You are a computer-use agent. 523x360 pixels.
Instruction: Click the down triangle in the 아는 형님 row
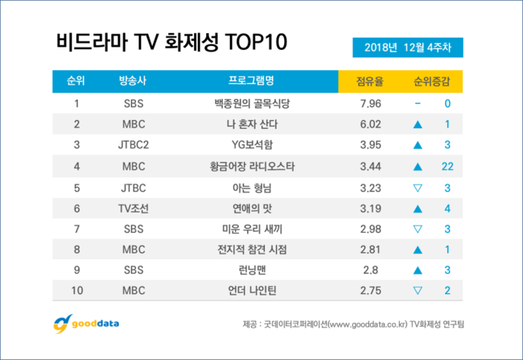[x=418, y=187]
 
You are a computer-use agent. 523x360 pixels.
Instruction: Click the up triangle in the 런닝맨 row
[x=418, y=271]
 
